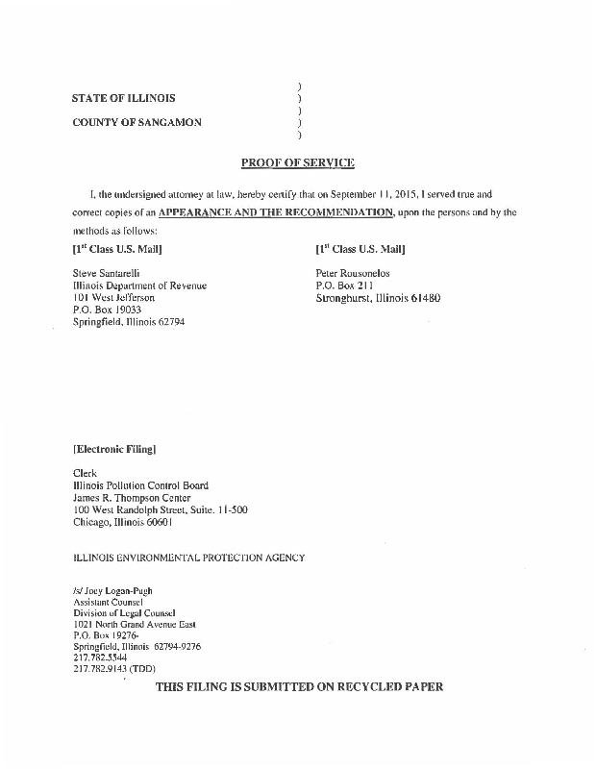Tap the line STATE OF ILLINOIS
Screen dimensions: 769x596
[123, 98]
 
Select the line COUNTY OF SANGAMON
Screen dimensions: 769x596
[137, 122]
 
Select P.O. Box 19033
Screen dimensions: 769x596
[101, 310]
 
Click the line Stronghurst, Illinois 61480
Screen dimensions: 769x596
[378, 298]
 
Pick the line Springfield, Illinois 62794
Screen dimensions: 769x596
[129, 323]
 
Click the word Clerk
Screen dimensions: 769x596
[86, 473]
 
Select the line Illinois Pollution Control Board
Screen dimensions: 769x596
[140, 485]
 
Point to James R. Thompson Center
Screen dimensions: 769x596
[132, 498]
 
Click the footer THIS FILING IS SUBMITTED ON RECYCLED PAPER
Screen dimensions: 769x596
[299, 688]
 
